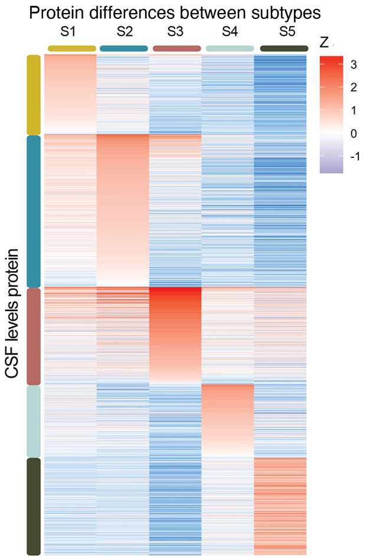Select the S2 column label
click(x=124, y=32)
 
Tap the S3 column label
click(x=176, y=32)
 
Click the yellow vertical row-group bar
click(x=34, y=95)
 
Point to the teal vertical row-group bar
click(x=34, y=211)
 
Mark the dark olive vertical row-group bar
click(x=34, y=506)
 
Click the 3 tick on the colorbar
click(x=352, y=65)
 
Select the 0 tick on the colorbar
click(x=352, y=134)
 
